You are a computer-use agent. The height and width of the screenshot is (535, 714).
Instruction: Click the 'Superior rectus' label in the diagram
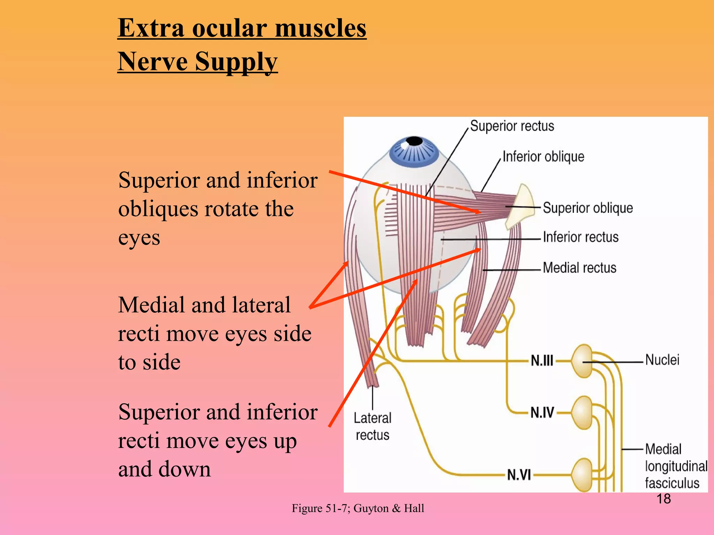pyautogui.click(x=512, y=126)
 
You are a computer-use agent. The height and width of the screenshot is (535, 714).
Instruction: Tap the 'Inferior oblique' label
pyautogui.click(x=543, y=157)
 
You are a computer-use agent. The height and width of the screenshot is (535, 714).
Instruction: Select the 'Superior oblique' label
pyautogui.click(x=588, y=208)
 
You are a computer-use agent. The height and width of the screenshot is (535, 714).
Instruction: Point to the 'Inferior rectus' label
pyautogui.click(x=580, y=237)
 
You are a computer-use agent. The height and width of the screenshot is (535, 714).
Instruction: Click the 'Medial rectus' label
pyautogui.click(x=579, y=268)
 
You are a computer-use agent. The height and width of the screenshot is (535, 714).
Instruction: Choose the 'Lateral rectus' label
pyautogui.click(x=372, y=426)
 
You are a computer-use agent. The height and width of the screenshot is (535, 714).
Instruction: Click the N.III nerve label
pyautogui.click(x=542, y=360)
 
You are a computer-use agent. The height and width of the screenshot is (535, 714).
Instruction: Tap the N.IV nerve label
pyautogui.click(x=542, y=412)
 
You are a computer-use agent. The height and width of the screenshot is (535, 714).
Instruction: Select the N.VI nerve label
pyautogui.click(x=519, y=474)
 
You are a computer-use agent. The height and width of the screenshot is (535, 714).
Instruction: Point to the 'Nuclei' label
pyautogui.click(x=662, y=360)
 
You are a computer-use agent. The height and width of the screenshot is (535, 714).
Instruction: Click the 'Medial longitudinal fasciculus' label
pyautogui.click(x=676, y=466)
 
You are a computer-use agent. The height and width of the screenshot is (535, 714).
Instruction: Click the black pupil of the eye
pyautogui.click(x=414, y=141)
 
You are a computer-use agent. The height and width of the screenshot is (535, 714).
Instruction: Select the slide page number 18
pyautogui.click(x=663, y=499)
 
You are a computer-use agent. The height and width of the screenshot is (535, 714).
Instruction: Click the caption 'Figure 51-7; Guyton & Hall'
pyautogui.click(x=358, y=508)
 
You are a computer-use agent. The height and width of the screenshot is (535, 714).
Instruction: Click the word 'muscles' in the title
pyautogui.click(x=320, y=28)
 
